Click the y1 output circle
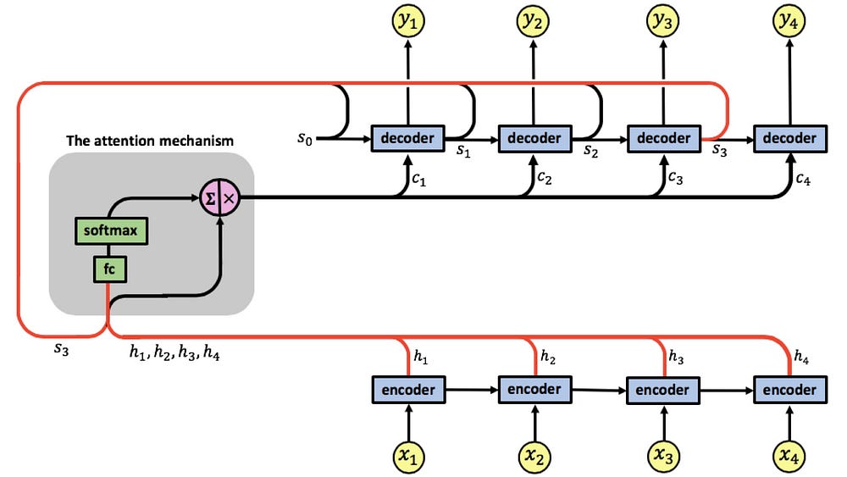[x=408, y=20]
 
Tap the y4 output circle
[x=789, y=20]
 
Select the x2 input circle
[x=534, y=457]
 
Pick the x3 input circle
[x=663, y=457]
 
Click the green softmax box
[x=111, y=231]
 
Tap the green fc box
[x=109, y=269]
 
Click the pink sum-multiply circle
[x=220, y=197]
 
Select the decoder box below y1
[x=408, y=139]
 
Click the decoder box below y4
[x=789, y=139]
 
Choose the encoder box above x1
[x=408, y=390]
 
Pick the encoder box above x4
[x=789, y=390]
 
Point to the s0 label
[x=305, y=139]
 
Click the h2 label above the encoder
[x=548, y=356]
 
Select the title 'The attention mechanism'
[x=150, y=141]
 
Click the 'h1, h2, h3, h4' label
[x=174, y=352]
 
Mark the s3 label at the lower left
[x=62, y=349]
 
